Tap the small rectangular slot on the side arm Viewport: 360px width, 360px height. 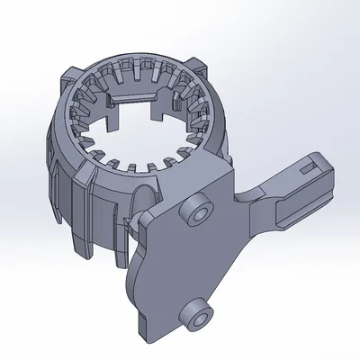pyautogui.click(x=311, y=166)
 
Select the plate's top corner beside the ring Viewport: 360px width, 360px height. pyautogui.click(x=221, y=166)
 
